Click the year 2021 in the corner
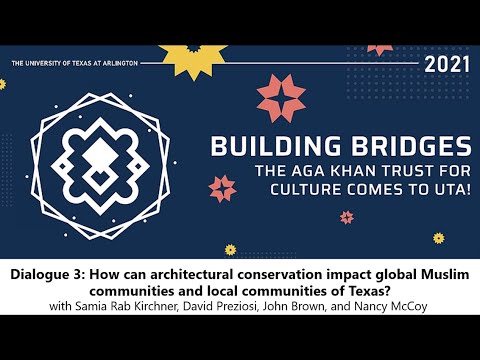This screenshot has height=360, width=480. [x=446, y=66]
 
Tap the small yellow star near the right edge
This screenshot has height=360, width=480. [x=438, y=237]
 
